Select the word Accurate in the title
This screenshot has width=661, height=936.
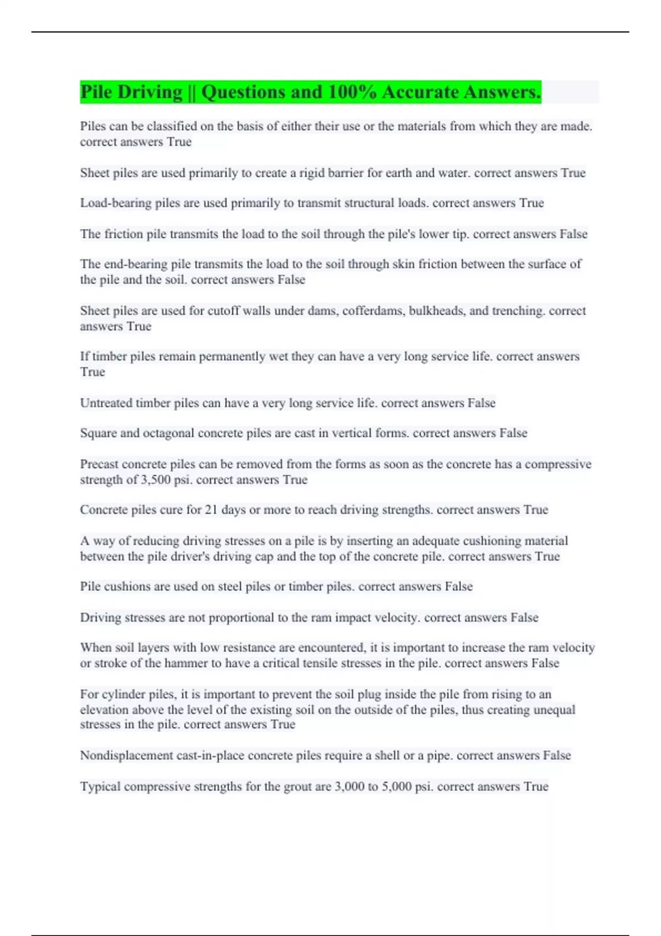tap(420, 92)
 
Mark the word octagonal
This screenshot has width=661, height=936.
tap(169, 433)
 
